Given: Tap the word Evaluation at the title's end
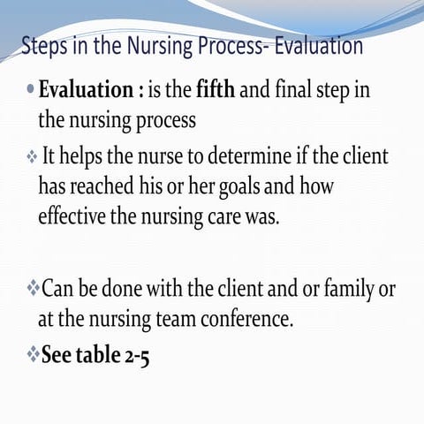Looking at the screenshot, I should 313,45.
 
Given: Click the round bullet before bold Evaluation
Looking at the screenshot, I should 31,90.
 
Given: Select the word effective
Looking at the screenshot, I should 72,216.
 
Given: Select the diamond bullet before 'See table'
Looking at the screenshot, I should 33,355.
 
